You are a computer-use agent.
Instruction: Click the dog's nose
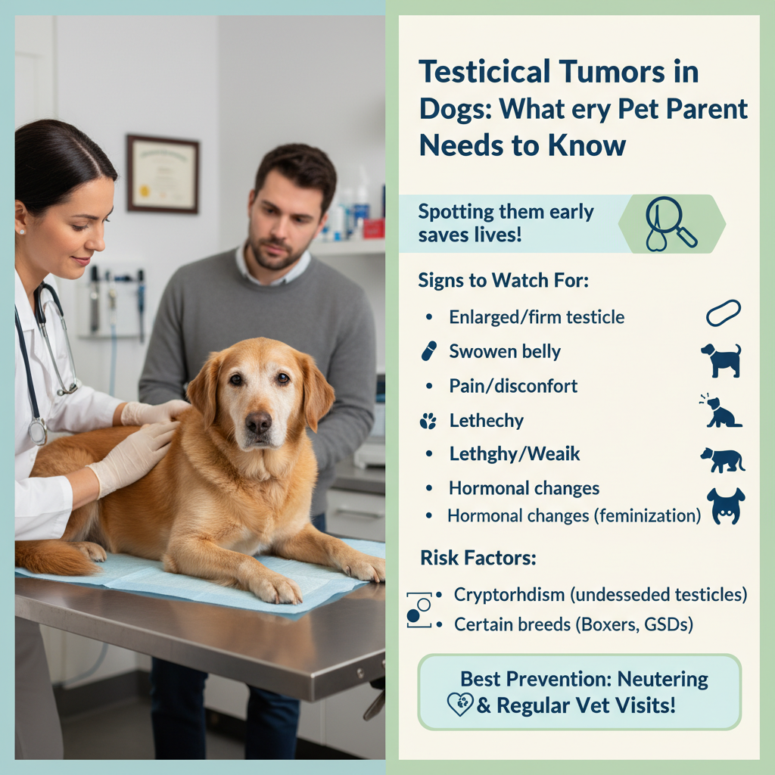point(259,423)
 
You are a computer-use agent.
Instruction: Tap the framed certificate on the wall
point(163,173)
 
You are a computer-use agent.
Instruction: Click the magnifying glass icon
point(671,223)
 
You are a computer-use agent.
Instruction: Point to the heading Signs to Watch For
point(503,280)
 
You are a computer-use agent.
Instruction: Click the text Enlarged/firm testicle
point(537,317)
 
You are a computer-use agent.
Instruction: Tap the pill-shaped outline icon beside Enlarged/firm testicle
point(723,313)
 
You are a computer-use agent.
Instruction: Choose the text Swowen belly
point(505,351)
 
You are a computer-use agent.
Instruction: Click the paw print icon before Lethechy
point(428,421)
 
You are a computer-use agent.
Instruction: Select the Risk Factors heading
point(478,558)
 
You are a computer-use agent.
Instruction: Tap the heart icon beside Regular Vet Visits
point(460,705)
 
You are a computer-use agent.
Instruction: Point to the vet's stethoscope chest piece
point(38,431)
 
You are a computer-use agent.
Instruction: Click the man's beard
point(275,252)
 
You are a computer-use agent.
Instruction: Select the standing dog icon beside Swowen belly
point(721,360)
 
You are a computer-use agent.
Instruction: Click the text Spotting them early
point(506,212)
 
